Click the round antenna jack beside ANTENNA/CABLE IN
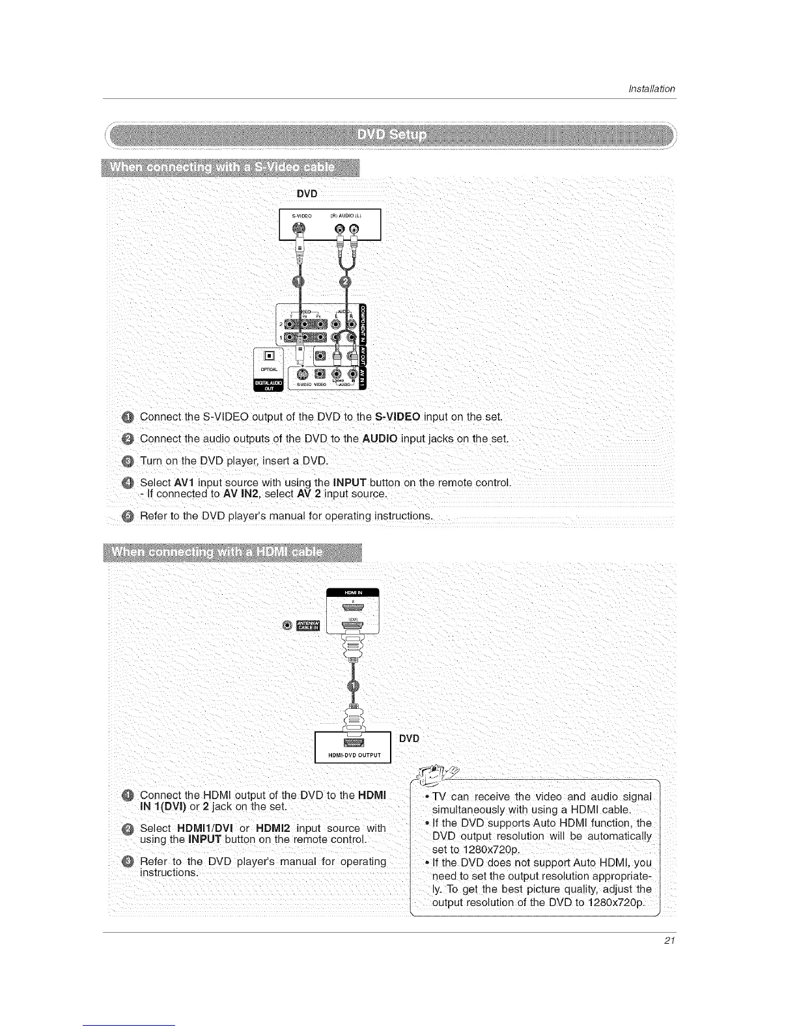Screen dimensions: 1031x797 (x=287, y=625)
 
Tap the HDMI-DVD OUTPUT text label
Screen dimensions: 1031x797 (x=352, y=755)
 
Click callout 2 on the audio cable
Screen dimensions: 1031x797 (x=345, y=282)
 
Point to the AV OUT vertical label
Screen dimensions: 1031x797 (x=363, y=356)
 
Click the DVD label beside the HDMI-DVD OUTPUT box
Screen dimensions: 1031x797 (x=409, y=738)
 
